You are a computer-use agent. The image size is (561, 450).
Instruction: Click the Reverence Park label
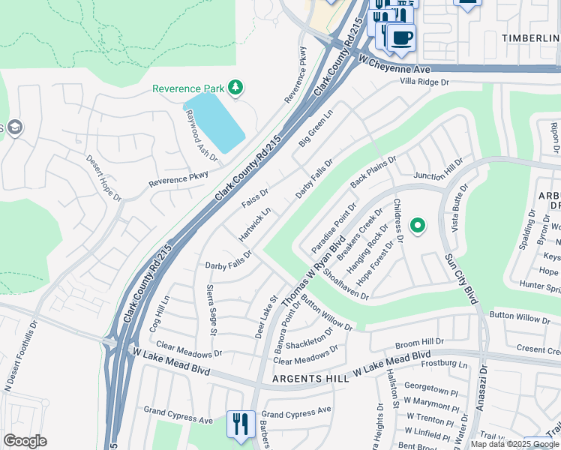pos(188,88)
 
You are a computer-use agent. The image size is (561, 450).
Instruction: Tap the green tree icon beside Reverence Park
pos(235,88)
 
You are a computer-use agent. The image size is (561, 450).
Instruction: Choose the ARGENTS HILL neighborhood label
pos(310,379)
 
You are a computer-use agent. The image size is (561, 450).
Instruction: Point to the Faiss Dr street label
pos(255,198)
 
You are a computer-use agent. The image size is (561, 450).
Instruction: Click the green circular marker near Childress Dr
pos(418,223)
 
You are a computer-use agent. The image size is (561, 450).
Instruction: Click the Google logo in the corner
pos(25,441)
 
